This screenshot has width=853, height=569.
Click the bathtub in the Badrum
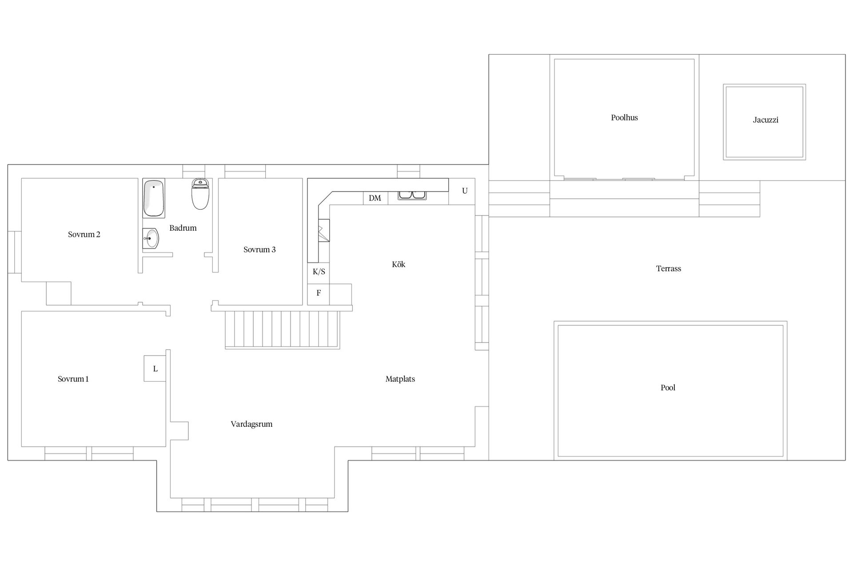coord(154,198)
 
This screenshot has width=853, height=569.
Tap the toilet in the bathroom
coord(200,194)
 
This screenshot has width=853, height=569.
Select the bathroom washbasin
coord(151,239)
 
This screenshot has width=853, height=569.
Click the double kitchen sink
coord(412,195)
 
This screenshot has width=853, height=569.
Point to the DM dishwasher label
coord(375,198)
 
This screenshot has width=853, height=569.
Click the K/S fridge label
coord(319,272)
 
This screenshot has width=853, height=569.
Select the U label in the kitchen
coord(465,191)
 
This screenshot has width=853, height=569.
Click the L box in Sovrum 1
coord(155,369)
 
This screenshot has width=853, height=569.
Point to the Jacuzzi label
coord(765,120)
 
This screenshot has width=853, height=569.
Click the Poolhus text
coord(624,118)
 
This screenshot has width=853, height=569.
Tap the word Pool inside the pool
coord(668,388)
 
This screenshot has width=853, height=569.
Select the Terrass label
coord(668,268)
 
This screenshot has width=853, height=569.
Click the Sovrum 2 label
coord(84,234)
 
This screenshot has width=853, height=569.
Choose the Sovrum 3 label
coord(259,250)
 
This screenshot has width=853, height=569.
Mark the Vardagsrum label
coord(251,424)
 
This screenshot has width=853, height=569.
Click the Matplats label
coord(400,379)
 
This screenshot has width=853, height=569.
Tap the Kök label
coord(399,264)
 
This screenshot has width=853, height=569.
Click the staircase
coord(283,329)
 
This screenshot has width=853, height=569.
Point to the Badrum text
coord(183,228)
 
